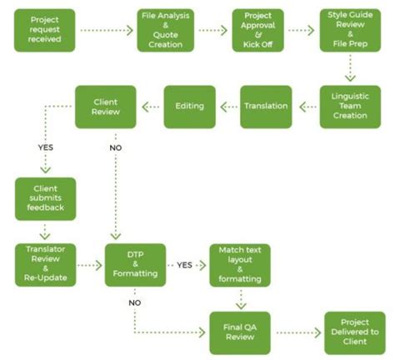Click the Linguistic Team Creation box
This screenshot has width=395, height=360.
point(349,106)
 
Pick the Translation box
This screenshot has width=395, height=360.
point(266,106)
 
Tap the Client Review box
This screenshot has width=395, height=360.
point(106,106)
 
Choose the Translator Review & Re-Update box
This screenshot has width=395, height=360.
point(45,264)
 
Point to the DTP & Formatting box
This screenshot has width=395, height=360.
point(135,264)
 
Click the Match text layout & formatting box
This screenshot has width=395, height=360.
point(241,264)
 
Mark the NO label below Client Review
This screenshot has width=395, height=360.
point(115,150)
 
